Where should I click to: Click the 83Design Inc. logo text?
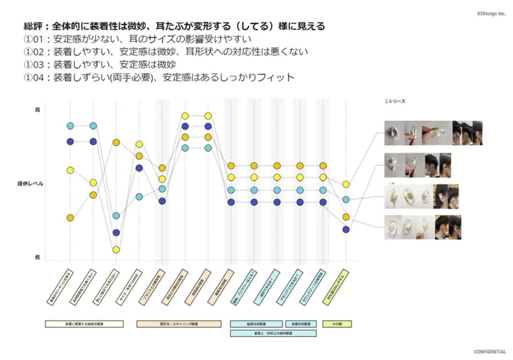(491, 14)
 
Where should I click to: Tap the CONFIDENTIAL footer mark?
(489, 352)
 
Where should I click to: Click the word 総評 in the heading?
(33, 26)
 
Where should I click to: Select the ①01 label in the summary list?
(33, 39)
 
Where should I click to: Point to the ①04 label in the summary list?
(33, 78)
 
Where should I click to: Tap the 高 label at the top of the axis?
(37, 110)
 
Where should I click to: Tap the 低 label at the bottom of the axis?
(37, 257)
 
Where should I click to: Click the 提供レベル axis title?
(30, 184)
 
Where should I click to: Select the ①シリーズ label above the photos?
(395, 101)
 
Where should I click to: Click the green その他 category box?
(337, 324)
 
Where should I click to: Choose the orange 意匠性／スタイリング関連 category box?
(178, 324)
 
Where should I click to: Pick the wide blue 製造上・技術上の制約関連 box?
(273, 333)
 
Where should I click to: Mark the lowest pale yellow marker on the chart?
(116, 250)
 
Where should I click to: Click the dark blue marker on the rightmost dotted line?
(346, 230)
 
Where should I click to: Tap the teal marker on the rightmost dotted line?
(346, 200)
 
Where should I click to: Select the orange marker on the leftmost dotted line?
(70, 218)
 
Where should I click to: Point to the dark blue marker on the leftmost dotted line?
(70, 142)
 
